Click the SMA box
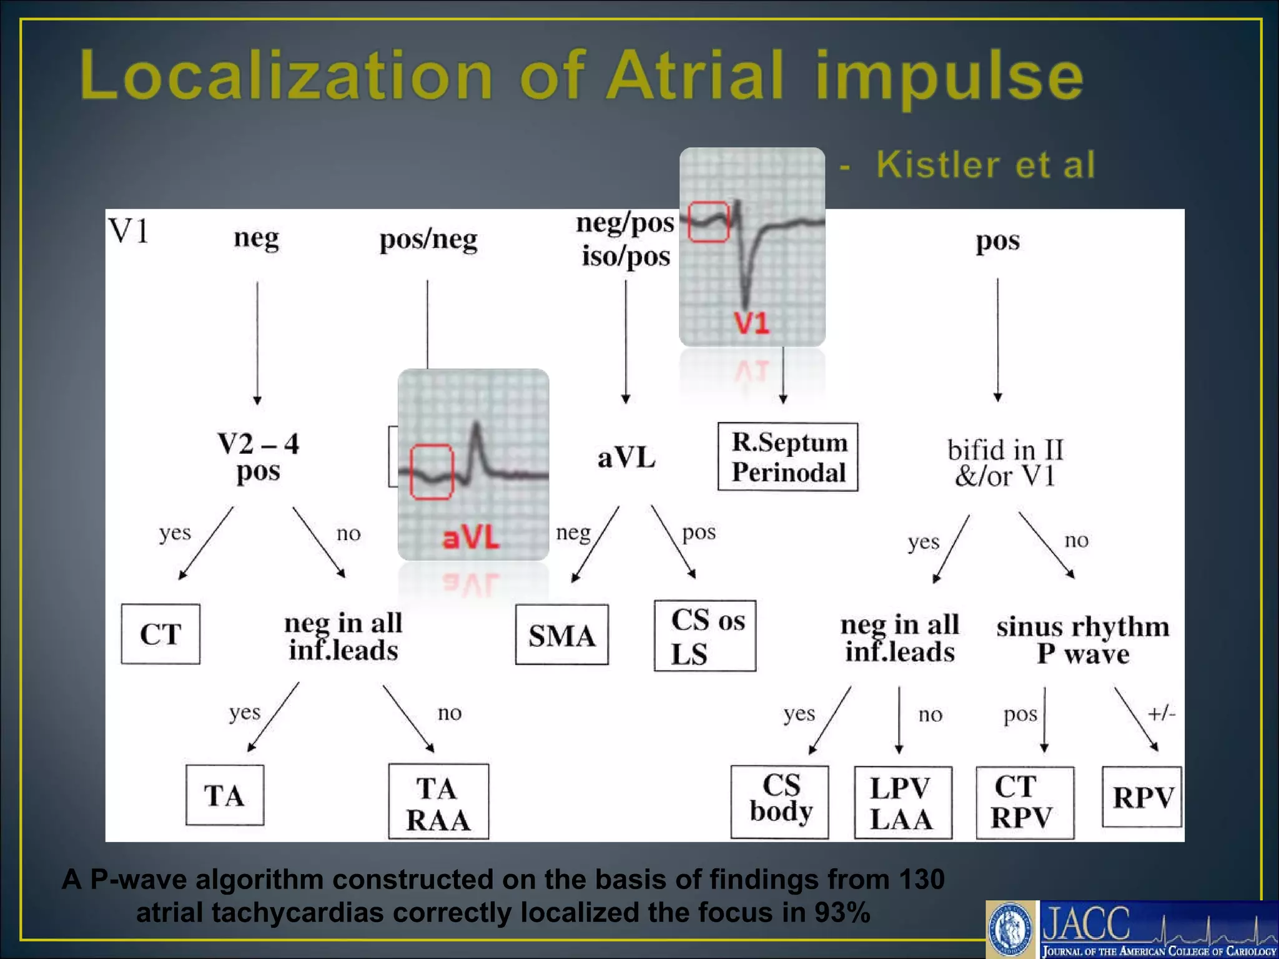(561, 634)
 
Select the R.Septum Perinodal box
(788, 457)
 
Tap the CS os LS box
(705, 636)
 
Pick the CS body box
(780, 802)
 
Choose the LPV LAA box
(902, 803)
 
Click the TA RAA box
(438, 802)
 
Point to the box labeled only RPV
(1142, 797)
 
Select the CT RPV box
(1024, 802)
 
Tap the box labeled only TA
(225, 795)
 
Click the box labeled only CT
(160, 634)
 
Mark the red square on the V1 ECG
(708, 222)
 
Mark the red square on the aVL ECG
(432, 472)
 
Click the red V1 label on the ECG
(751, 323)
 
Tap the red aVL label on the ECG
(471, 538)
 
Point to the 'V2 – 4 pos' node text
(258, 457)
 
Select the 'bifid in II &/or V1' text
(1005, 463)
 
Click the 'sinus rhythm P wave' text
(1083, 640)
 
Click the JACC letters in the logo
(1087, 923)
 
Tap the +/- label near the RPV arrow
(1162, 713)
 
